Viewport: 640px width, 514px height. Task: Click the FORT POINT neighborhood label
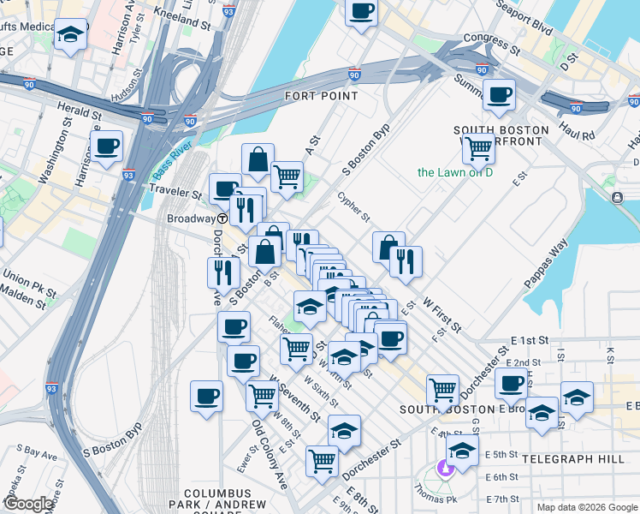coord(322,96)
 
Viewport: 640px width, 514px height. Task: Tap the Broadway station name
coord(190,218)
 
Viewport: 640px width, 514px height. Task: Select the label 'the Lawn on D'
coord(455,172)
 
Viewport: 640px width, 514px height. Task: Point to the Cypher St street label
coord(353,206)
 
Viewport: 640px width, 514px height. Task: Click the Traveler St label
coord(182,194)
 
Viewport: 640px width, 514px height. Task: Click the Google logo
coord(29,504)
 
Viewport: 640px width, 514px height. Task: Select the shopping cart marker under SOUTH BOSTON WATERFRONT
coord(478,149)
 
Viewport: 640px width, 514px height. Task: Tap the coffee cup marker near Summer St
coord(499,95)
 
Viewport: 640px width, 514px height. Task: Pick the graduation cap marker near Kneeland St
coord(70,35)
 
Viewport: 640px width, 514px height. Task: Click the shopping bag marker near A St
coord(258,159)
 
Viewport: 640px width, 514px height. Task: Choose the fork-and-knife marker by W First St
coord(406,260)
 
